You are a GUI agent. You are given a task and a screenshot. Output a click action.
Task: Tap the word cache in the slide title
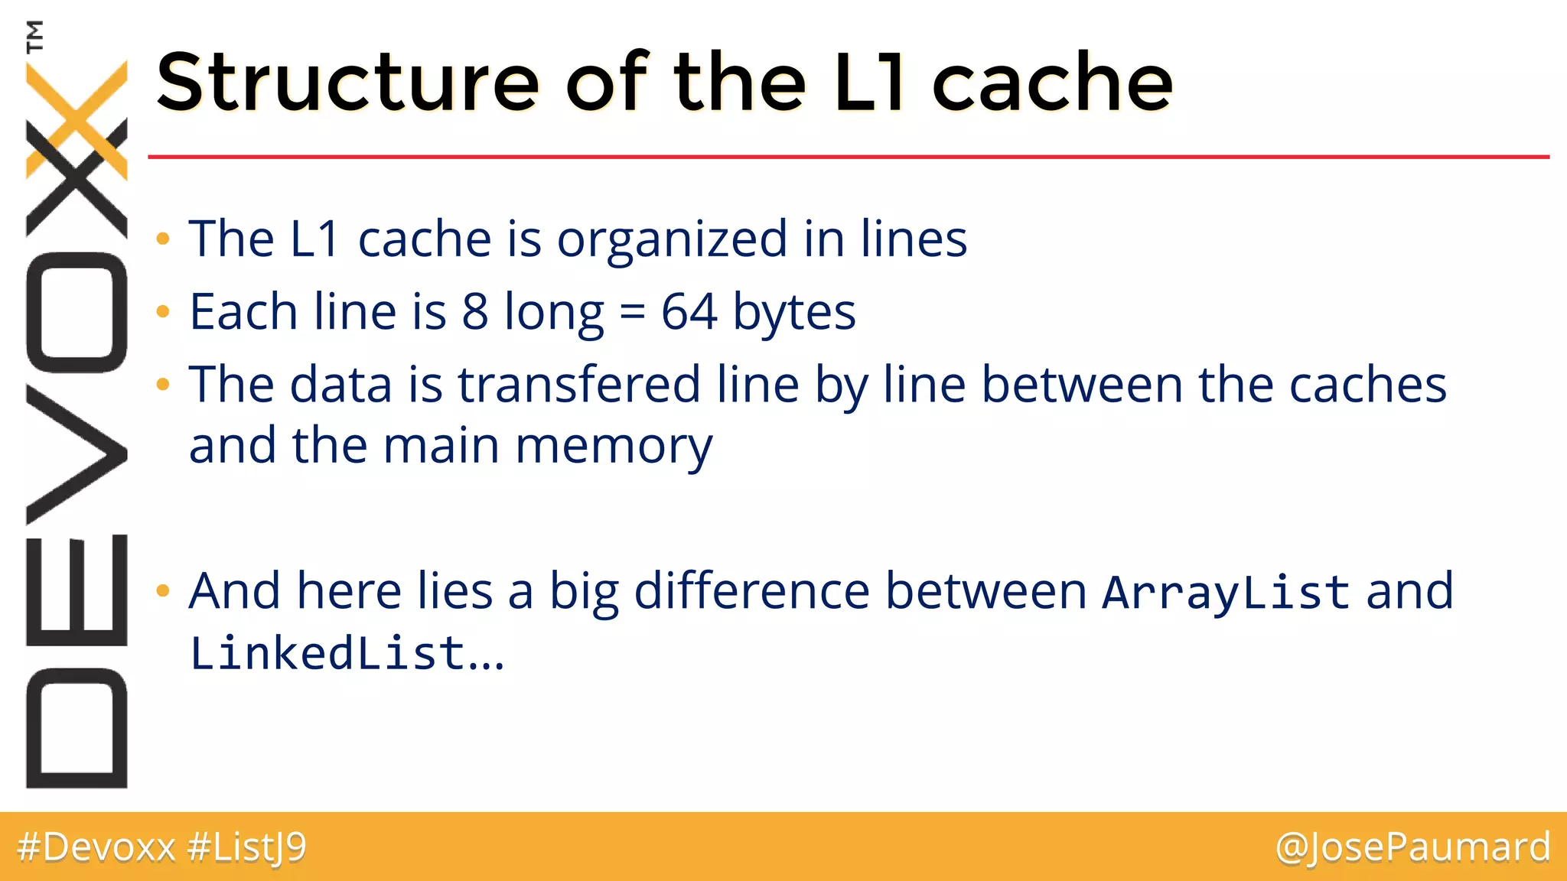click(1052, 82)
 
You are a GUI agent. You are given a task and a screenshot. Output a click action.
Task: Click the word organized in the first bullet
click(672, 239)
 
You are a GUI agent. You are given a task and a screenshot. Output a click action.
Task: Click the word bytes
click(794, 312)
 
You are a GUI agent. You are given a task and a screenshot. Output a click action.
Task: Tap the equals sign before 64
click(632, 314)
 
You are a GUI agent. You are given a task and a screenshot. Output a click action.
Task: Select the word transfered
click(578, 384)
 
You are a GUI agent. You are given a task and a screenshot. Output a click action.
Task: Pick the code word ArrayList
click(1226, 592)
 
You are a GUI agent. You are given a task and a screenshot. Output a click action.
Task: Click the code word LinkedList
click(327, 654)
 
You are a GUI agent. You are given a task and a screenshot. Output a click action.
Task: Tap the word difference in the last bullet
click(751, 592)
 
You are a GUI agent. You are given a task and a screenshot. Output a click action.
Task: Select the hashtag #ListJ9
click(246, 847)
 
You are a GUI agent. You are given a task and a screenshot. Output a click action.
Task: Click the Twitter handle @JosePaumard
click(1412, 847)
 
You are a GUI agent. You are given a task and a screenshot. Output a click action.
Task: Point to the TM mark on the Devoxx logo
click(34, 37)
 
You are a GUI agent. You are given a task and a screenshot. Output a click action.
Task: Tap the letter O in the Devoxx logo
click(77, 312)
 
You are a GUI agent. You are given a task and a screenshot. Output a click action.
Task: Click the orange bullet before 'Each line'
click(162, 312)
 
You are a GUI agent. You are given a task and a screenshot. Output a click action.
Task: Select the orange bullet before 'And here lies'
click(162, 590)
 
